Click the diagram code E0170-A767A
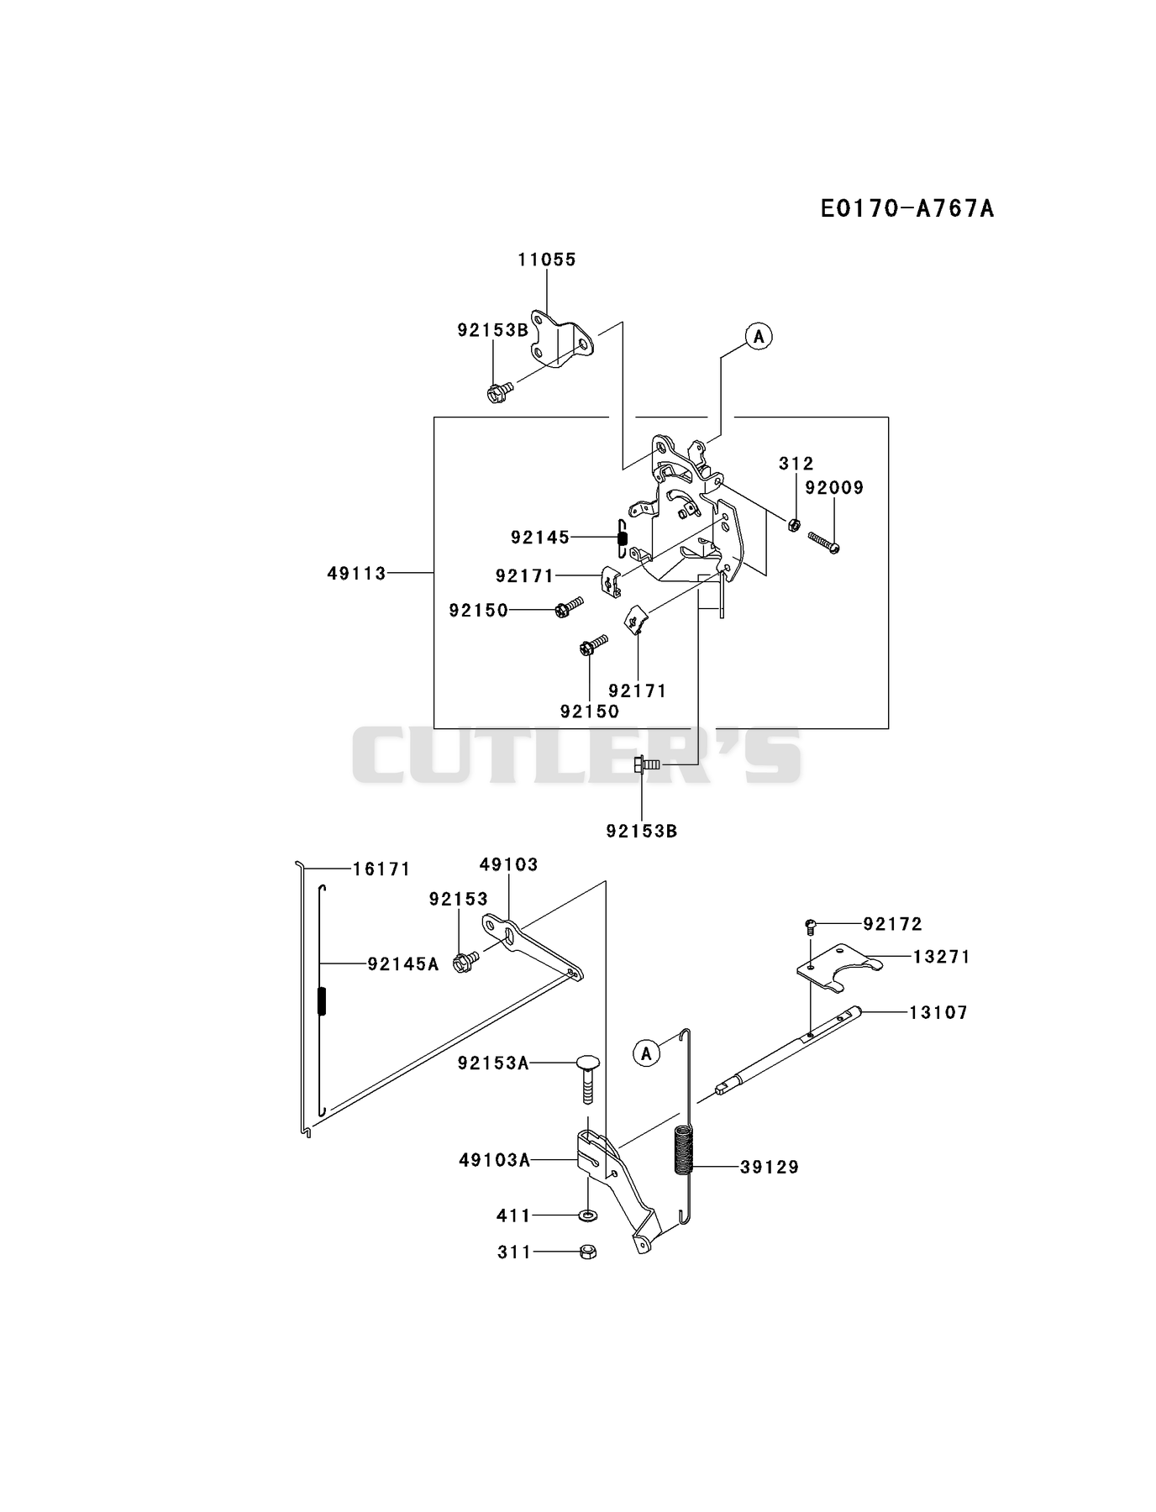click(x=907, y=208)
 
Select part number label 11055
click(x=547, y=260)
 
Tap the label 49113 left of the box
click(x=357, y=573)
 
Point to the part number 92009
click(x=834, y=487)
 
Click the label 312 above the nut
click(x=796, y=463)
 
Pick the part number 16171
click(x=381, y=869)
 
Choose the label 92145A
click(x=403, y=964)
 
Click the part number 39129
click(x=770, y=1167)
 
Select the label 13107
click(x=938, y=1012)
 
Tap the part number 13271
click(x=942, y=956)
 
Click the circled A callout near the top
click(x=759, y=336)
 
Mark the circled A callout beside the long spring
click(x=646, y=1053)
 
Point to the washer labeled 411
click(x=587, y=1215)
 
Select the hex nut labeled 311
click(x=587, y=1252)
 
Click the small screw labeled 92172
click(x=811, y=926)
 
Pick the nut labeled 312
click(x=792, y=525)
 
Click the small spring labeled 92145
click(x=622, y=538)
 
